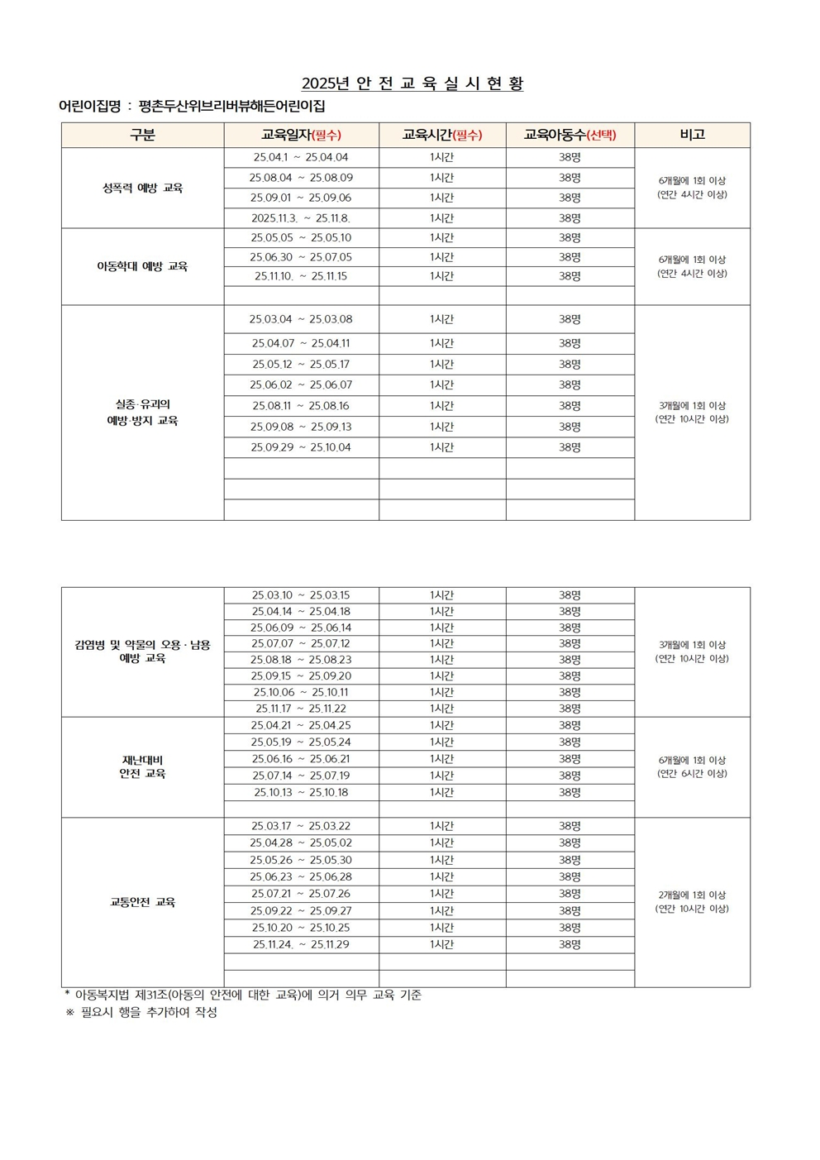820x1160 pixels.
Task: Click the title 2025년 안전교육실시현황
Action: pyautogui.click(x=412, y=84)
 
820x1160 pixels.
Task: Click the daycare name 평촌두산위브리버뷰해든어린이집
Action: pyautogui.click(x=232, y=107)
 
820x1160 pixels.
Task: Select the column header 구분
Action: pyautogui.click(x=142, y=135)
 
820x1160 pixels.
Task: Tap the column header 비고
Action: pyautogui.click(x=692, y=135)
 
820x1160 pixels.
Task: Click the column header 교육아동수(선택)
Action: pyautogui.click(x=570, y=135)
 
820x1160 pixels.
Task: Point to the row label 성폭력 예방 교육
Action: pyautogui.click(x=142, y=188)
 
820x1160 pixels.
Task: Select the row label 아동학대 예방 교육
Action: pyautogui.click(x=142, y=266)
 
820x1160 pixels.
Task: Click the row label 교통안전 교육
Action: pyautogui.click(x=142, y=902)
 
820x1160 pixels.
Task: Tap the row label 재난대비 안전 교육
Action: pyautogui.click(x=142, y=766)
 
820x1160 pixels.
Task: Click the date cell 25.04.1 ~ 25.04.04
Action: pyautogui.click(x=301, y=157)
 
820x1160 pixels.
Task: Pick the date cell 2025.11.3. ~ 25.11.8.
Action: pyautogui.click(x=301, y=218)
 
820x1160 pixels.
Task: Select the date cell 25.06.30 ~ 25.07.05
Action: pyautogui.click(x=301, y=257)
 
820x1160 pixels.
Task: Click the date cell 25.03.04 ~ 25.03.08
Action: pyautogui.click(x=301, y=319)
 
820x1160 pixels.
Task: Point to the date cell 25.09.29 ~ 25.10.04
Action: pyautogui.click(x=301, y=447)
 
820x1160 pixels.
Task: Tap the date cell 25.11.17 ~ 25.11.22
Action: pyautogui.click(x=301, y=709)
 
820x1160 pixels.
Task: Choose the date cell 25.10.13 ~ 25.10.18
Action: pyautogui.click(x=301, y=792)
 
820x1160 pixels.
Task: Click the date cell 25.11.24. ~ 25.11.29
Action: pyautogui.click(x=301, y=944)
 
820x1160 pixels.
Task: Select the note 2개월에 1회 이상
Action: pyautogui.click(x=692, y=895)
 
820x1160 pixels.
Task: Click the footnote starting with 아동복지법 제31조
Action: pyautogui.click(x=248, y=995)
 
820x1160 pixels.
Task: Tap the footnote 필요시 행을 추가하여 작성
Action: pyautogui.click(x=149, y=1012)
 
